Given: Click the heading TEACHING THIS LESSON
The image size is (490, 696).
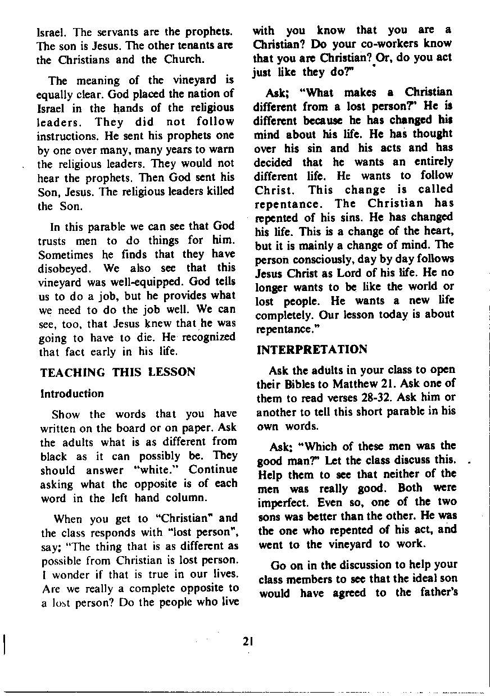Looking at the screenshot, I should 118,372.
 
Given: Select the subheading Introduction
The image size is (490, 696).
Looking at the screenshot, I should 72,393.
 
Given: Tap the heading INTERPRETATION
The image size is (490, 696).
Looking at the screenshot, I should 312,349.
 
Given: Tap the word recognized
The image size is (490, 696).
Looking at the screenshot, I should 203,338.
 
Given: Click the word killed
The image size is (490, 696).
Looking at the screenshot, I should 218,191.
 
